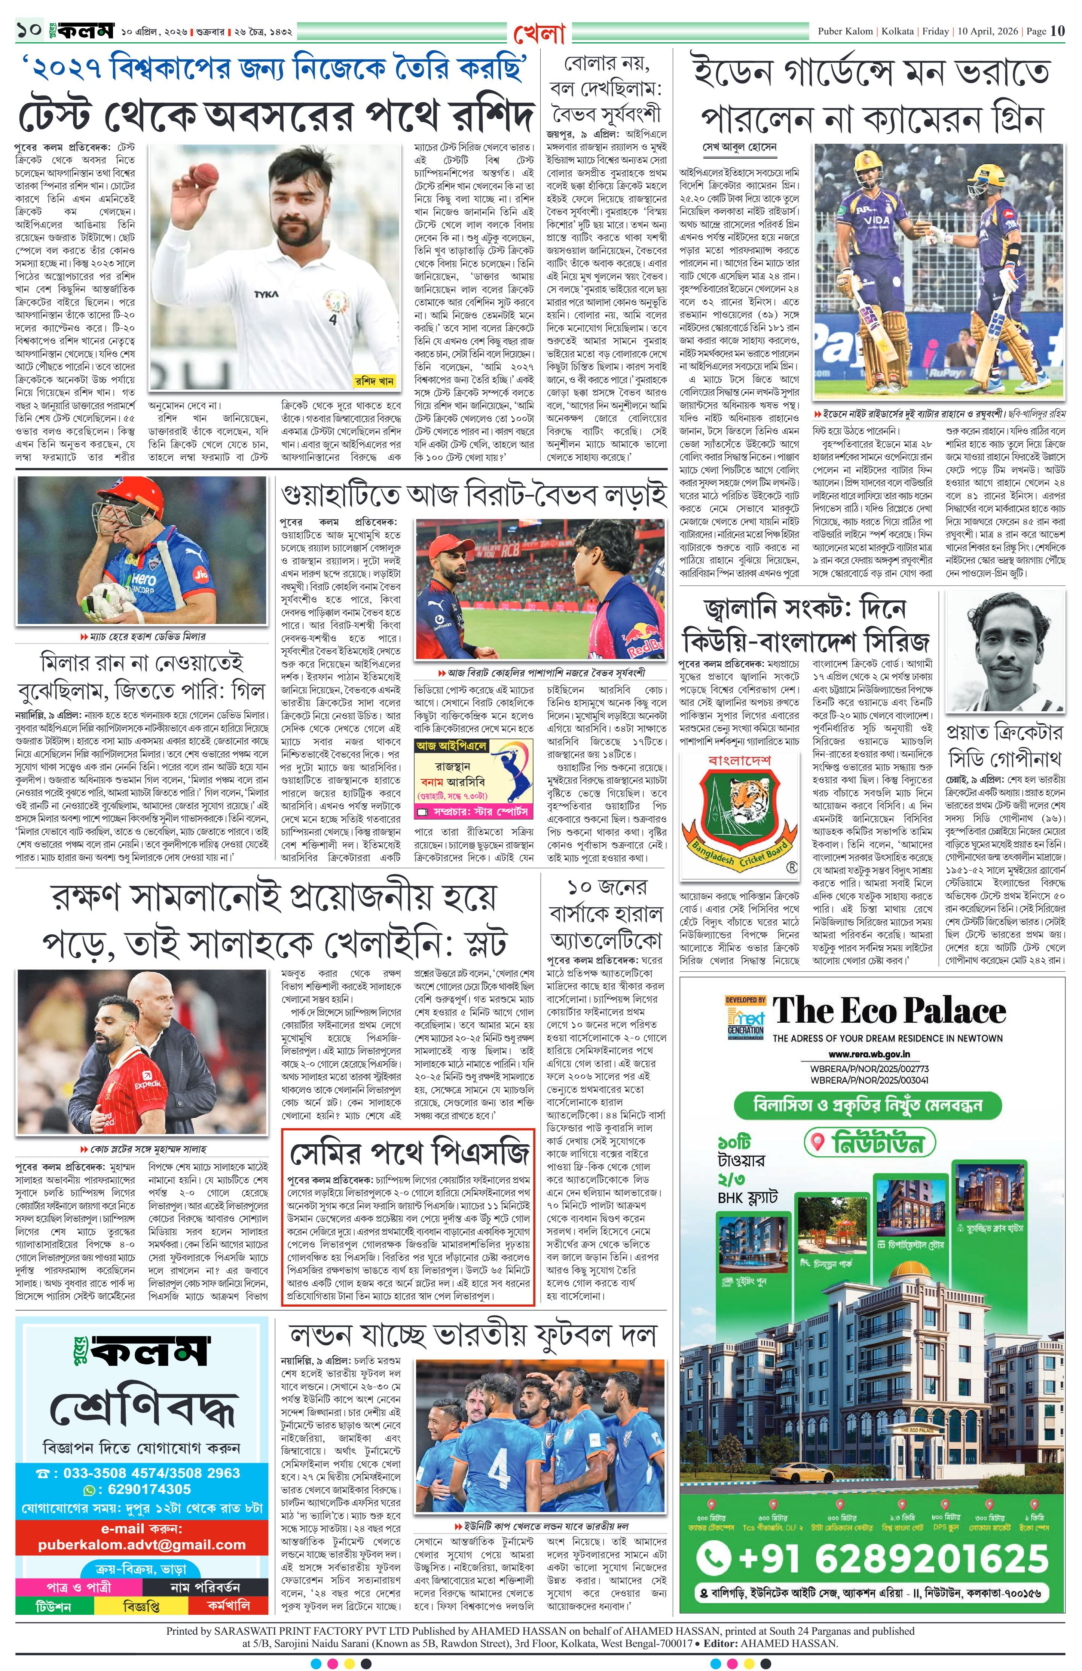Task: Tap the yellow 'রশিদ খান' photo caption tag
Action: click(375, 381)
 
